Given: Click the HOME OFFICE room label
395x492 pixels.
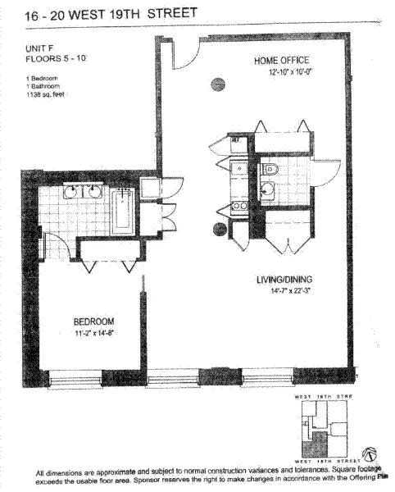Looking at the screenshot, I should pyautogui.click(x=280, y=60).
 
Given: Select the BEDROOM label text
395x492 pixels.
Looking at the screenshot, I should pyautogui.click(x=93, y=321).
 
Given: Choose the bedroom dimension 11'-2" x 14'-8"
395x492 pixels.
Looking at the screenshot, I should pyautogui.click(x=93, y=333).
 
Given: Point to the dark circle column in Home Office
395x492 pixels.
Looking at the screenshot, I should pyautogui.click(x=218, y=82).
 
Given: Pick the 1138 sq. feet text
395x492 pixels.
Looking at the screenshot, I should pyautogui.click(x=46, y=95).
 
